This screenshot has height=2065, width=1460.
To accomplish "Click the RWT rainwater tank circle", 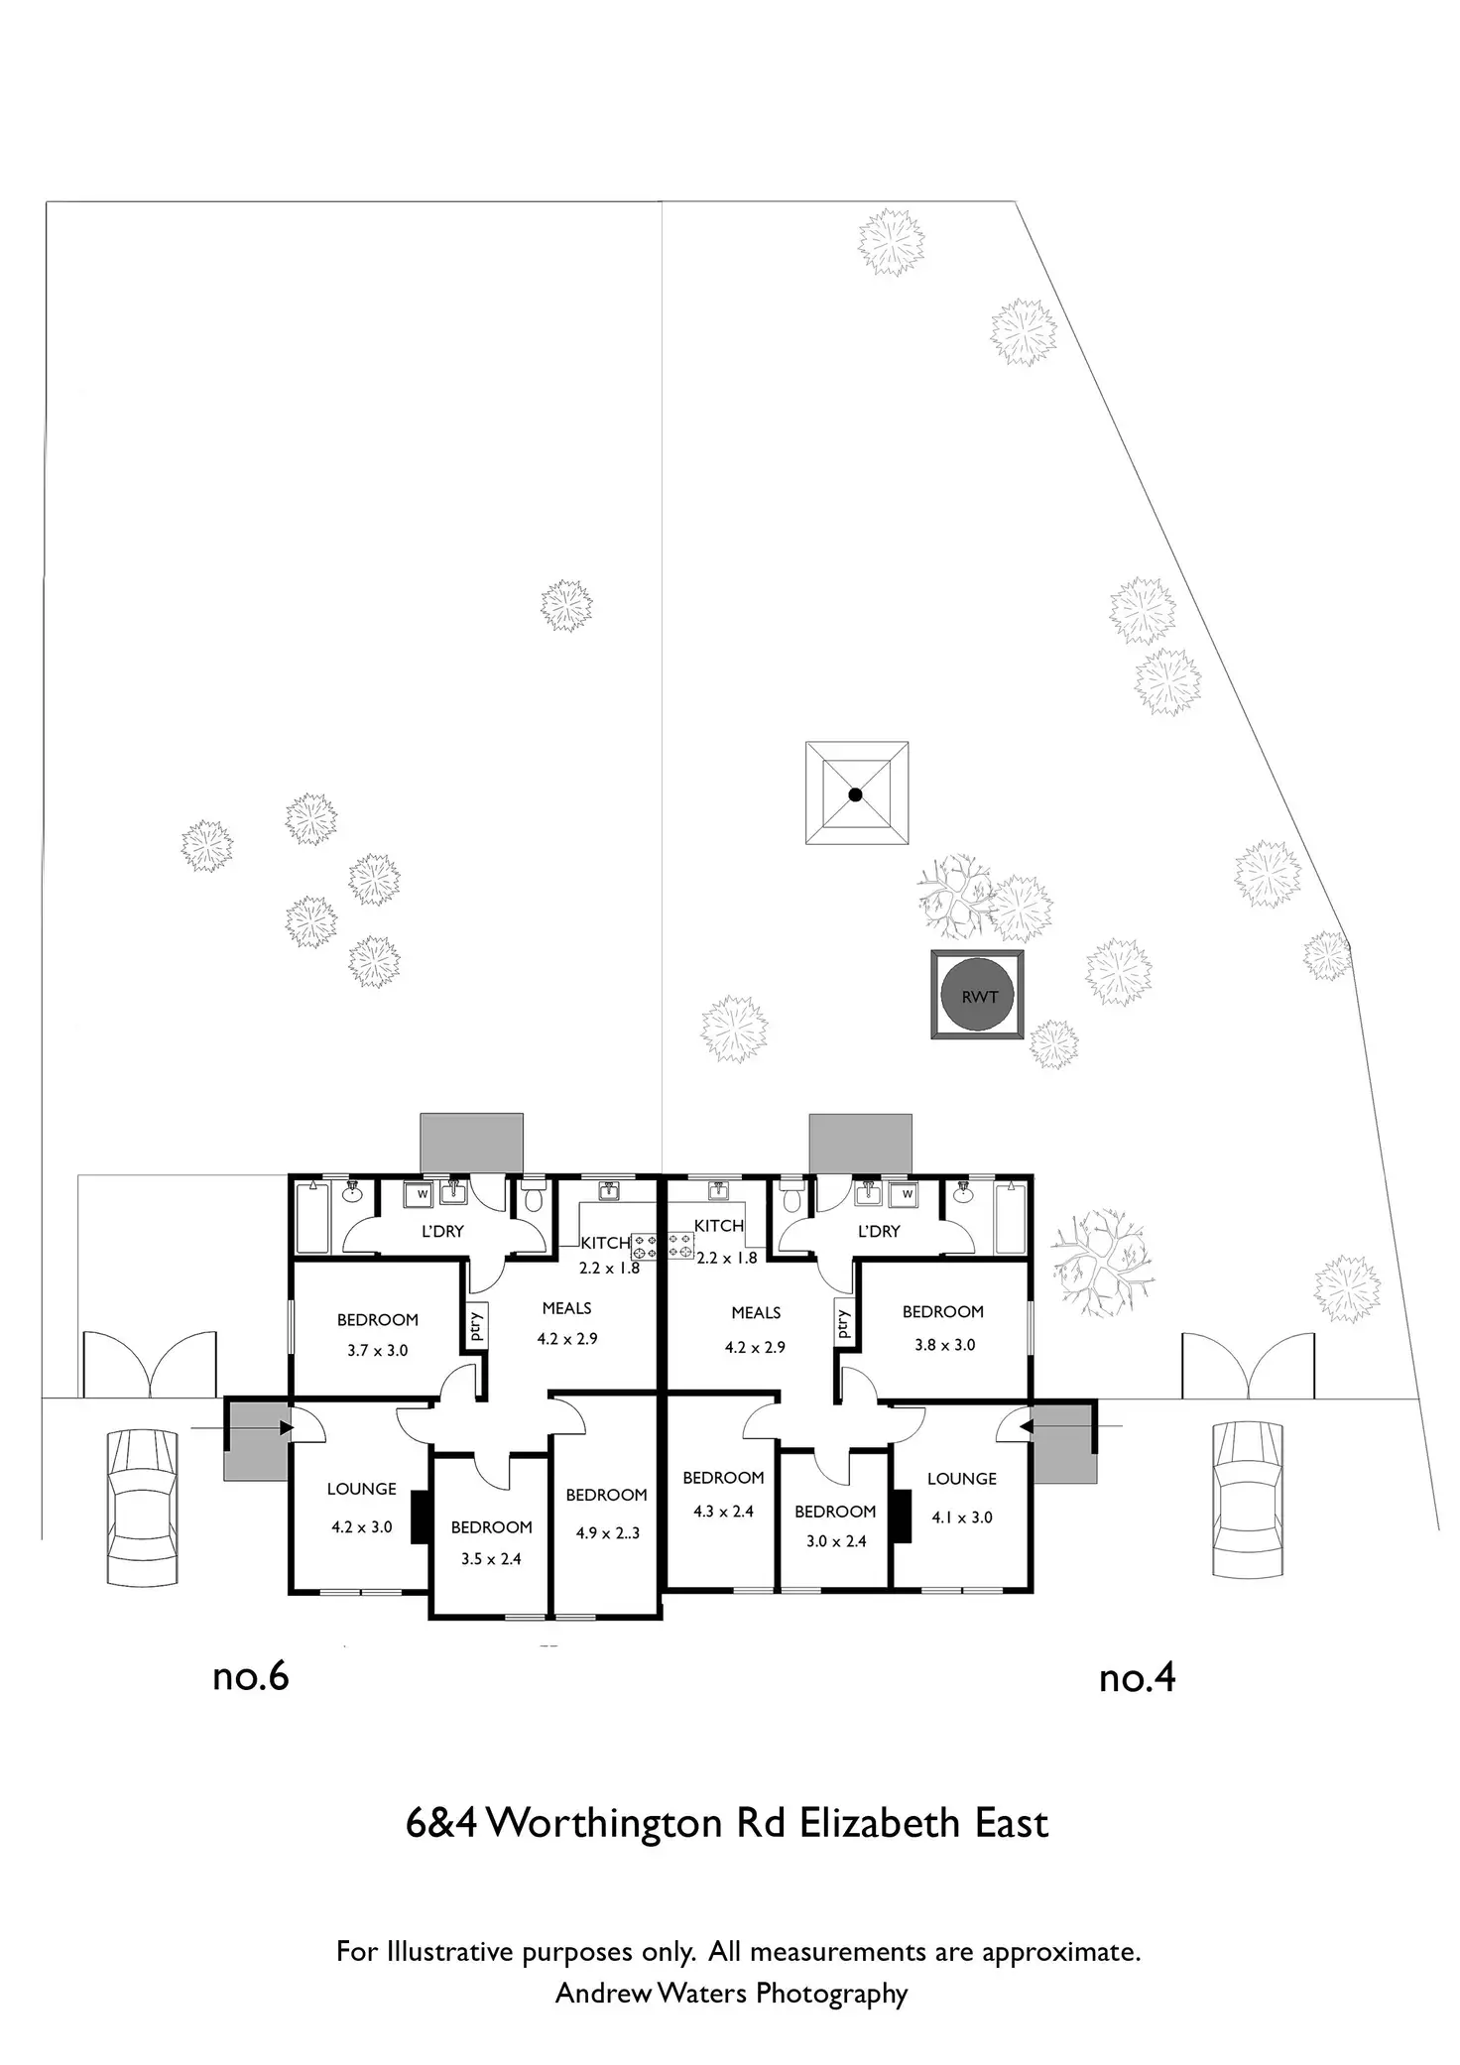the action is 977,995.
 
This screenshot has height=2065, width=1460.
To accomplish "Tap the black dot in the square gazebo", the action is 855,793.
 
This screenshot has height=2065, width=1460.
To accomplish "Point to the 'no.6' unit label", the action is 250,1677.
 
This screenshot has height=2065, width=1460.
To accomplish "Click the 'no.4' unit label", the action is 1137,1678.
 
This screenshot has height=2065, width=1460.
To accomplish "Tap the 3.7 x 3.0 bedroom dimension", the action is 377,1350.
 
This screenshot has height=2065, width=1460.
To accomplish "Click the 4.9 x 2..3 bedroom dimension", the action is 607,1532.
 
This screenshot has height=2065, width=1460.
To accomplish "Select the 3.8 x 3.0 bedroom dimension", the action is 944,1344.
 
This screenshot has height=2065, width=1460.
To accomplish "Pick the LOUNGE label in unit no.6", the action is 361,1489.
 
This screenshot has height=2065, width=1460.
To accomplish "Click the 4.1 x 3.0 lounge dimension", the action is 961,1517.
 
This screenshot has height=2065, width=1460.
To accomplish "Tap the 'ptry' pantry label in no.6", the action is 476,1324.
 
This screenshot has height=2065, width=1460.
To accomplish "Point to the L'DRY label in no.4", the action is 878,1231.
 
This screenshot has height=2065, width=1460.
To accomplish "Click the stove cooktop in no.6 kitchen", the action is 645,1247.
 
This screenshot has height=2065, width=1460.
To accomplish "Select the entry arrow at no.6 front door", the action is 242,1428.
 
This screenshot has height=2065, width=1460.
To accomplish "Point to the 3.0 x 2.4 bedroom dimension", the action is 835,1541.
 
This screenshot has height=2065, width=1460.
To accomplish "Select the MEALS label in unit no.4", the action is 756,1312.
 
